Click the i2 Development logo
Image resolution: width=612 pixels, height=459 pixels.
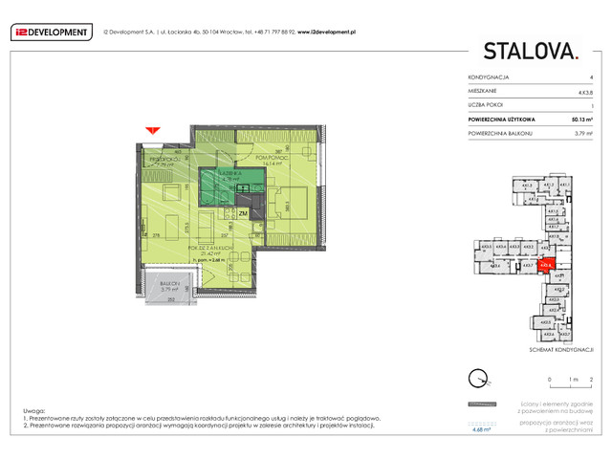click(51, 32)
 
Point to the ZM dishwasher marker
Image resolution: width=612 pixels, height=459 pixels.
click(243, 214)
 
